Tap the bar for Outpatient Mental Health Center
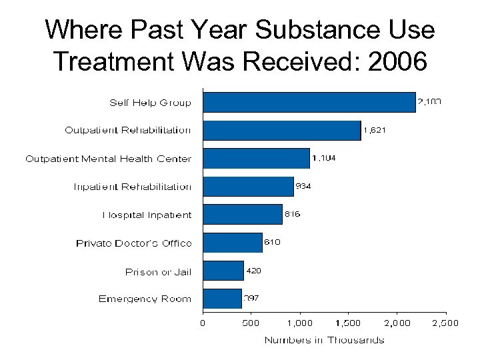[x=256, y=158]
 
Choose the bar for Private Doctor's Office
[x=233, y=242]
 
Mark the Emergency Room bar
[x=222, y=299]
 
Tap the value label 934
[x=303, y=187]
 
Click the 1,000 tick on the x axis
[x=300, y=323]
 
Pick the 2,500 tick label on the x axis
[x=446, y=323]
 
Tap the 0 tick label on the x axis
[x=203, y=323]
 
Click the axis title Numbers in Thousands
[x=324, y=340]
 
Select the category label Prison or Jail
[x=158, y=271]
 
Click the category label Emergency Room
[x=145, y=299]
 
